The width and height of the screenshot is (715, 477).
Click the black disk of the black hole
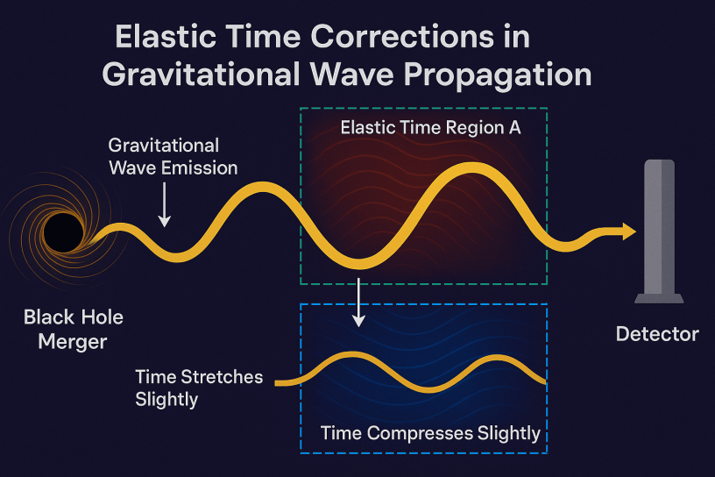63,232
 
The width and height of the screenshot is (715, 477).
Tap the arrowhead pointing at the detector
629,231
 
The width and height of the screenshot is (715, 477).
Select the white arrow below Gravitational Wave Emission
164,204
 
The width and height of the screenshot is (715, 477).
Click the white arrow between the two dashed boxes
359,303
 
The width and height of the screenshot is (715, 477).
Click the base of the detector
659,298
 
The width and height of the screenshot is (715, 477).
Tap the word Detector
657,334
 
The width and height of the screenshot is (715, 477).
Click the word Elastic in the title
166,37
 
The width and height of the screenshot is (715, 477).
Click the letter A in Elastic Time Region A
515,128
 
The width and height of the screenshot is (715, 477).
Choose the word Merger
73,342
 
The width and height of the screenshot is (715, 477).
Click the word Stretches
222,377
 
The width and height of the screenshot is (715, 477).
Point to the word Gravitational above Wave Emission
164,146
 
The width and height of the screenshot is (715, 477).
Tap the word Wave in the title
350,74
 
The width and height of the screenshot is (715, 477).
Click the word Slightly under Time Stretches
166,400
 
